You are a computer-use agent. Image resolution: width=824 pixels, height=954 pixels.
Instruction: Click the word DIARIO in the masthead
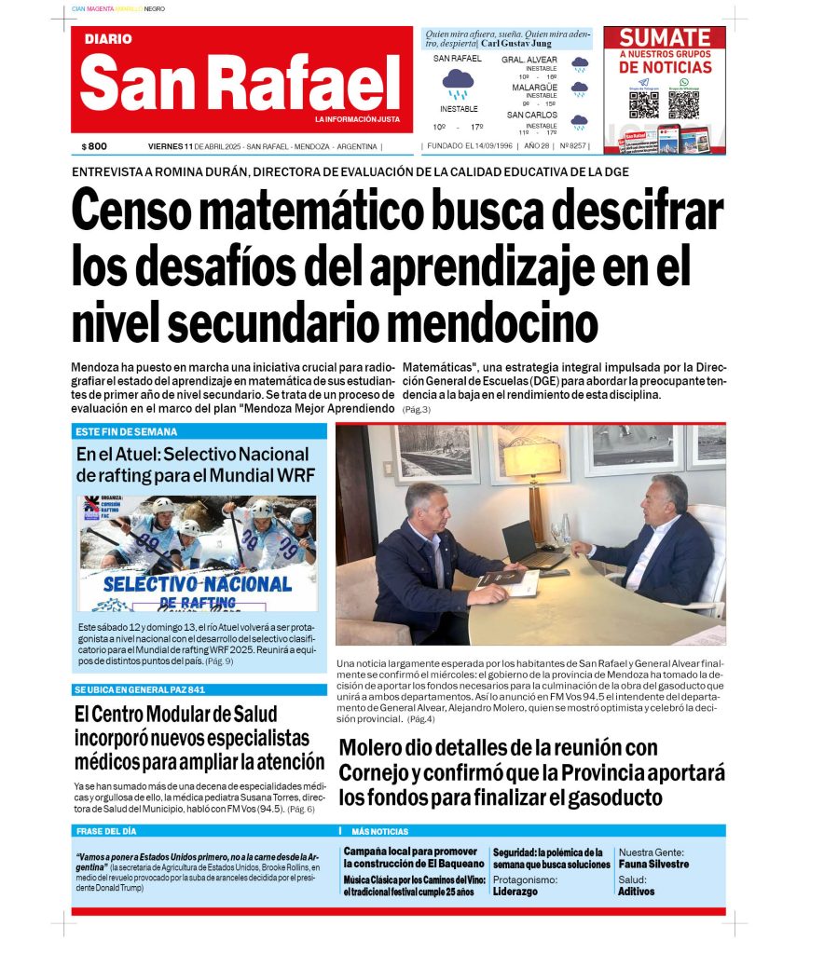[108, 39]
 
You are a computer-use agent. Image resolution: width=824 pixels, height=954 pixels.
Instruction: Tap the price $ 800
[94, 146]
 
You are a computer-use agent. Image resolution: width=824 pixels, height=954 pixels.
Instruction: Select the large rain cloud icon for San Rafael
[458, 85]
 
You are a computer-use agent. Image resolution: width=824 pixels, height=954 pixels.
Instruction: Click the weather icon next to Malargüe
[580, 90]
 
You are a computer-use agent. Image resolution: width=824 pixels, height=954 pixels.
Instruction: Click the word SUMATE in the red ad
[665, 38]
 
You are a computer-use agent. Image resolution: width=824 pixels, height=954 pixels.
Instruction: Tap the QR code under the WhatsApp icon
[683, 104]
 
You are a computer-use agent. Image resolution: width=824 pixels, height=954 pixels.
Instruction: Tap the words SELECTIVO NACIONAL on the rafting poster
[198, 584]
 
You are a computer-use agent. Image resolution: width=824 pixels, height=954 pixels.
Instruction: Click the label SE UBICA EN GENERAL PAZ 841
[140, 689]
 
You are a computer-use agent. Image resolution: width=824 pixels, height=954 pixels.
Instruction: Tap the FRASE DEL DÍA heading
[105, 831]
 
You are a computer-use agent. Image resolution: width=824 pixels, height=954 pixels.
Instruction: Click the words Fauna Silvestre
[653, 865]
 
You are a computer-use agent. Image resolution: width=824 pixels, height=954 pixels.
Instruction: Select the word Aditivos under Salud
[637, 892]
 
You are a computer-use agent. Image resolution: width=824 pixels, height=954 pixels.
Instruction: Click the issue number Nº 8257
[573, 146]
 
